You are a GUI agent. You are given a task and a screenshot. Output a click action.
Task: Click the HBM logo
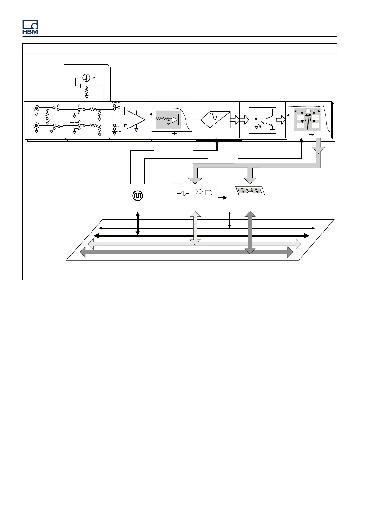(x=30, y=27)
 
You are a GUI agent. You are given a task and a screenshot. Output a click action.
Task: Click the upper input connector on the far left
(x=36, y=108)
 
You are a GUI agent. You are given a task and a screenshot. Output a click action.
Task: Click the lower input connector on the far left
(x=36, y=125)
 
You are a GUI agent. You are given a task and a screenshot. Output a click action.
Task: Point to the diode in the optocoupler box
(x=256, y=119)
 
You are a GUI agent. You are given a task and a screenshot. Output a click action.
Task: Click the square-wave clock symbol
(x=137, y=196)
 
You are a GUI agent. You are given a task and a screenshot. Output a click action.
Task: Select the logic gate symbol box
(x=204, y=192)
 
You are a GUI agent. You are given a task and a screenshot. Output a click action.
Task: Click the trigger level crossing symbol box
(x=183, y=192)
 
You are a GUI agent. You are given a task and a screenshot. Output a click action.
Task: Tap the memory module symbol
(x=250, y=191)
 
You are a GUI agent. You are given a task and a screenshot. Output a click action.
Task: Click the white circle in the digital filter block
(x=307, y=111)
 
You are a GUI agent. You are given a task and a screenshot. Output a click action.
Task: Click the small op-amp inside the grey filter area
(x=175, y=120)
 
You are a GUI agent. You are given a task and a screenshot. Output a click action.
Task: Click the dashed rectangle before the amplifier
(x=116, y=117)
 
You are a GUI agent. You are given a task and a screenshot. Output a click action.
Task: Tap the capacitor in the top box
(x=80, y=85)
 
